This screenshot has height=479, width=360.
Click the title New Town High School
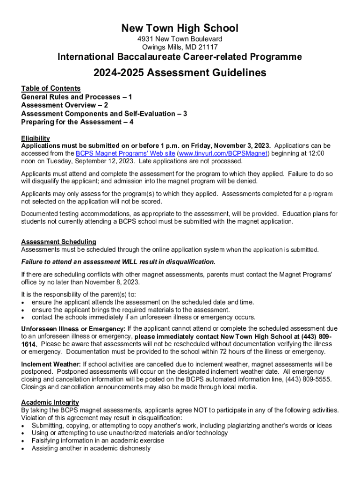[x=180, y=28]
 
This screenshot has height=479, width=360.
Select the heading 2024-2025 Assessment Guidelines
[x=180, y=73]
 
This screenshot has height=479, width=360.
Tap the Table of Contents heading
[x=50, y=88]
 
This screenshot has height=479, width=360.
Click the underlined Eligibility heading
[x=35, y=138]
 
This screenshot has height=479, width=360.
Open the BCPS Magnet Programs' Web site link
[x=125, y=153]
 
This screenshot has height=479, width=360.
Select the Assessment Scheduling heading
[x=58, y=242]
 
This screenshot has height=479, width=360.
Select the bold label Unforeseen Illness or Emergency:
[x=73, y=329]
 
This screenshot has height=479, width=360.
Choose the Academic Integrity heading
[x=50, y=402]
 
